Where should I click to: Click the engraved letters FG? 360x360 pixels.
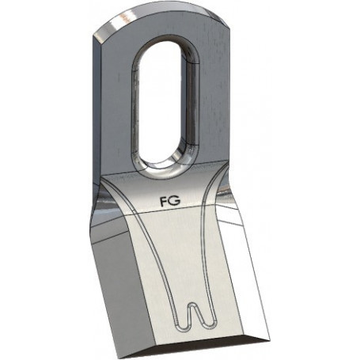point(169,200)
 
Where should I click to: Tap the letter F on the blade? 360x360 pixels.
point(164,200)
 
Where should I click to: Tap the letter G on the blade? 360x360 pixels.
point(175,200)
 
